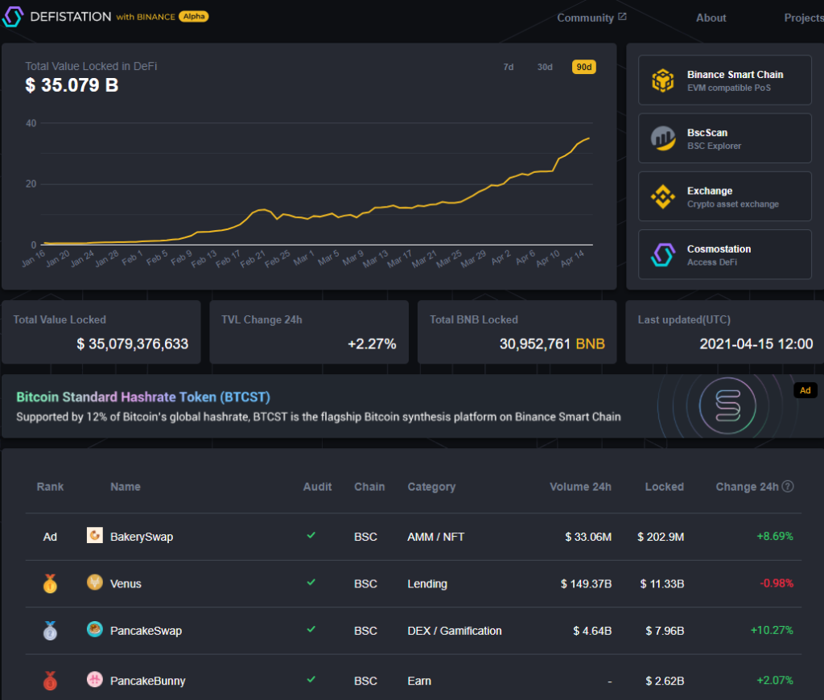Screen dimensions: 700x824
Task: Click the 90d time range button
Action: [583, 67]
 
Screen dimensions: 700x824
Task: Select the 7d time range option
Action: [509, 67]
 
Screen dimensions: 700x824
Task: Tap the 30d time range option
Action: [545, 67]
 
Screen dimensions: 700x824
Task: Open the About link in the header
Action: [711, 18]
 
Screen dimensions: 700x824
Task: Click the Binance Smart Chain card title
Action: [735, 74]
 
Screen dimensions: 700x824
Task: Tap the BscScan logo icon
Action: [662, 139]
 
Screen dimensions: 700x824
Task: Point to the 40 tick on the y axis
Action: [31, 123]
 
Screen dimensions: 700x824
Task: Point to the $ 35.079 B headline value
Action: [72, 84]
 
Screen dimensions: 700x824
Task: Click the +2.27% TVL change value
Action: [372, 344]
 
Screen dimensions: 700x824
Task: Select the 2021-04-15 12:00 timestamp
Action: [756, 344]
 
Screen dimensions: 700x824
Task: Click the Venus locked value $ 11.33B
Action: [662, 584]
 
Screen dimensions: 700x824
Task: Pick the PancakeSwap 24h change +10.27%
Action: [771, 631]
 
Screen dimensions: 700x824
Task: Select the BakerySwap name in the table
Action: [142, 537]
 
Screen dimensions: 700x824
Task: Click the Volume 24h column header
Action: [580, 487]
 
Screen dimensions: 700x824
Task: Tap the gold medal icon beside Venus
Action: [50, 584]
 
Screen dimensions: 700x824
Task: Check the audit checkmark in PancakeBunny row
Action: [311, 680]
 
